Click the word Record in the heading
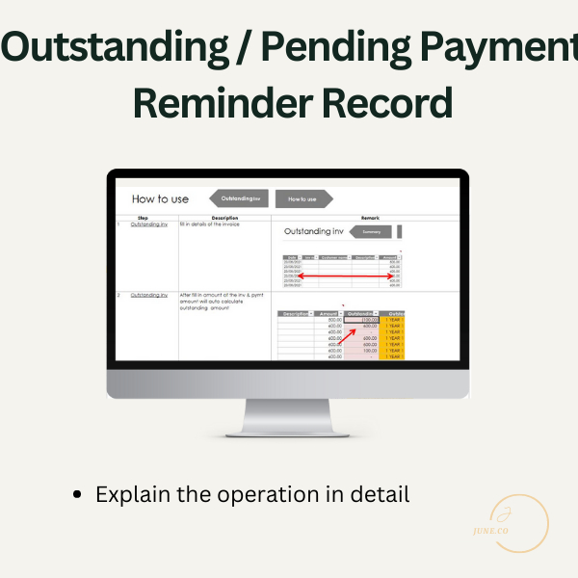pos(385,102)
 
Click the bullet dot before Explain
pos(78,496)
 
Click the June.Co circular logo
pos(518,524)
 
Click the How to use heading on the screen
pos(160,199)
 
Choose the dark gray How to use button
pos(302,199)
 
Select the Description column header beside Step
pos(224,219)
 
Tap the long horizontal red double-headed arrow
pos(348,276)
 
